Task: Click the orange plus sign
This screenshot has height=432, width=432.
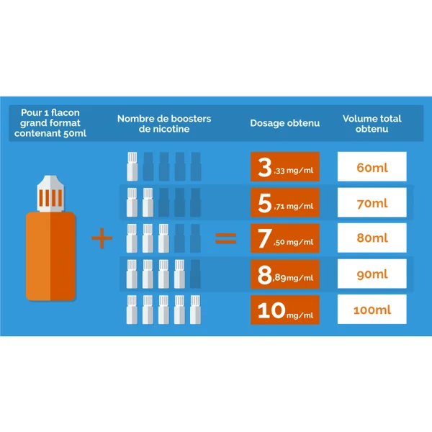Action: point(102,238)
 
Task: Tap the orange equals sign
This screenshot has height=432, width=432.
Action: point(225,238)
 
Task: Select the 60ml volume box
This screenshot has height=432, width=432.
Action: point(372,166)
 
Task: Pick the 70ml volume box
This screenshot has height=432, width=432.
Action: point(372,202)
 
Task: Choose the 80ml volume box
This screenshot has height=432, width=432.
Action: point(372,238)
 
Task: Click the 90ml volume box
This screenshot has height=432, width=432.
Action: point(372,274)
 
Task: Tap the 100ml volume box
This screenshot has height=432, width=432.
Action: point(372,309)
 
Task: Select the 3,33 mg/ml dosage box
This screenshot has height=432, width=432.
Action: point(285,167)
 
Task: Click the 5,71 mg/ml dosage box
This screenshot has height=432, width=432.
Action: point(285,202)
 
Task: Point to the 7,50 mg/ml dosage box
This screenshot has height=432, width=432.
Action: point(285,238)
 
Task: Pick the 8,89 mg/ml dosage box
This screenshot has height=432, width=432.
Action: point(285,274)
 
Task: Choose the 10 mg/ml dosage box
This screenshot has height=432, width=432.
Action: point(285,310)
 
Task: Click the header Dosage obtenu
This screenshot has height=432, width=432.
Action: point(285,123)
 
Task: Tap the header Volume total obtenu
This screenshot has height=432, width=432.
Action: point(372,124)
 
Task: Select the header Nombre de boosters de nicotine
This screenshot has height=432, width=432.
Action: point(164,124)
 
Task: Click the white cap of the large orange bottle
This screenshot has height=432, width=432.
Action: point(50,194)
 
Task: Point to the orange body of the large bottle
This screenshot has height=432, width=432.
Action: point(50,256)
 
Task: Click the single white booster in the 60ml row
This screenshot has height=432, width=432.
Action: point(132,166)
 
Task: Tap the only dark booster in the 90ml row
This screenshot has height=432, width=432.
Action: point(195,274)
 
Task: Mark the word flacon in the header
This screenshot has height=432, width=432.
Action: point(66,112)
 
